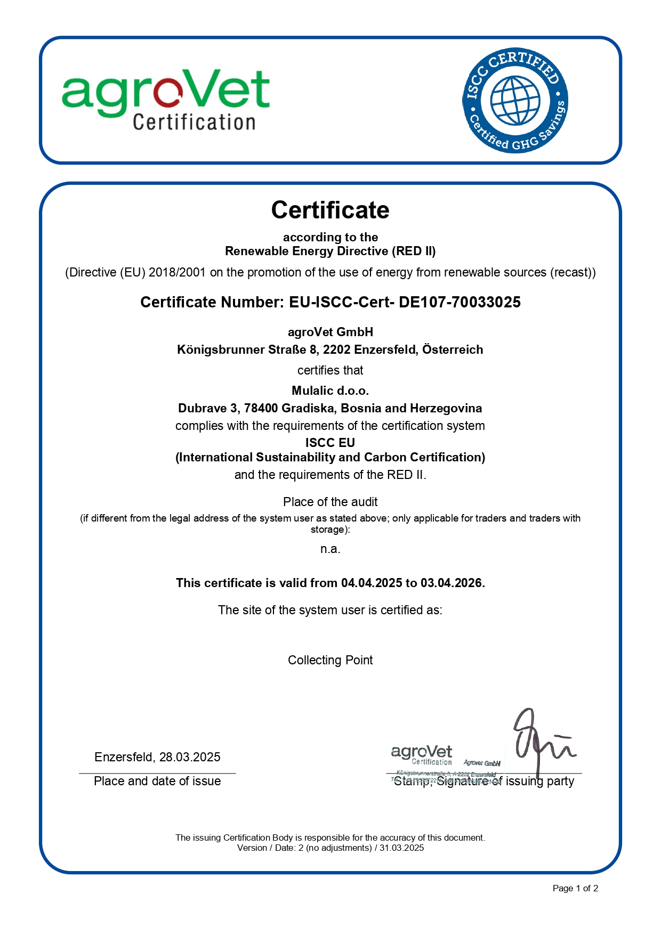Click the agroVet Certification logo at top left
pyautogui.click(x=166, y=100)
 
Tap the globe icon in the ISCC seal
pyautogui.click(x=515, y=100)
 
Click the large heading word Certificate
pyautogui.click(x=330, y=210)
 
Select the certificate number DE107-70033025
pyautogui.click(x=460, y=302)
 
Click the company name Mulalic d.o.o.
pyautogui.click(x=330, y=391)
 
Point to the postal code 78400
pyautogui.click(x=261, y=408)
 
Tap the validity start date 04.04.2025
pyautogui.click(x=372, y=583)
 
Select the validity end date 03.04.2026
pyautogui.click(x=451, y=583)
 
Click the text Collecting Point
pyautogui.click(x=330, y=660)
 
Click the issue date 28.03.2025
pyautogui.click(x=190, y=757)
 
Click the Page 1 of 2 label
pyautogui.click(x=575, y=888)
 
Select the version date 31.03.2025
pyautogui.click(x=401, y=848)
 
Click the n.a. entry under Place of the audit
pyautogui.click(x=330, y=549)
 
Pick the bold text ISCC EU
pyautogui.click(x=330, y=443)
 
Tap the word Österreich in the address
pyautogui.click(x=453, y=349)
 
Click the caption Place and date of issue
pyautogui.click(x=157, y=781)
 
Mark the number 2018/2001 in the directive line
pyautogui.click(x=177, y=272)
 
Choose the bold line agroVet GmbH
pyautogui.click(x=330, y=332)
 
